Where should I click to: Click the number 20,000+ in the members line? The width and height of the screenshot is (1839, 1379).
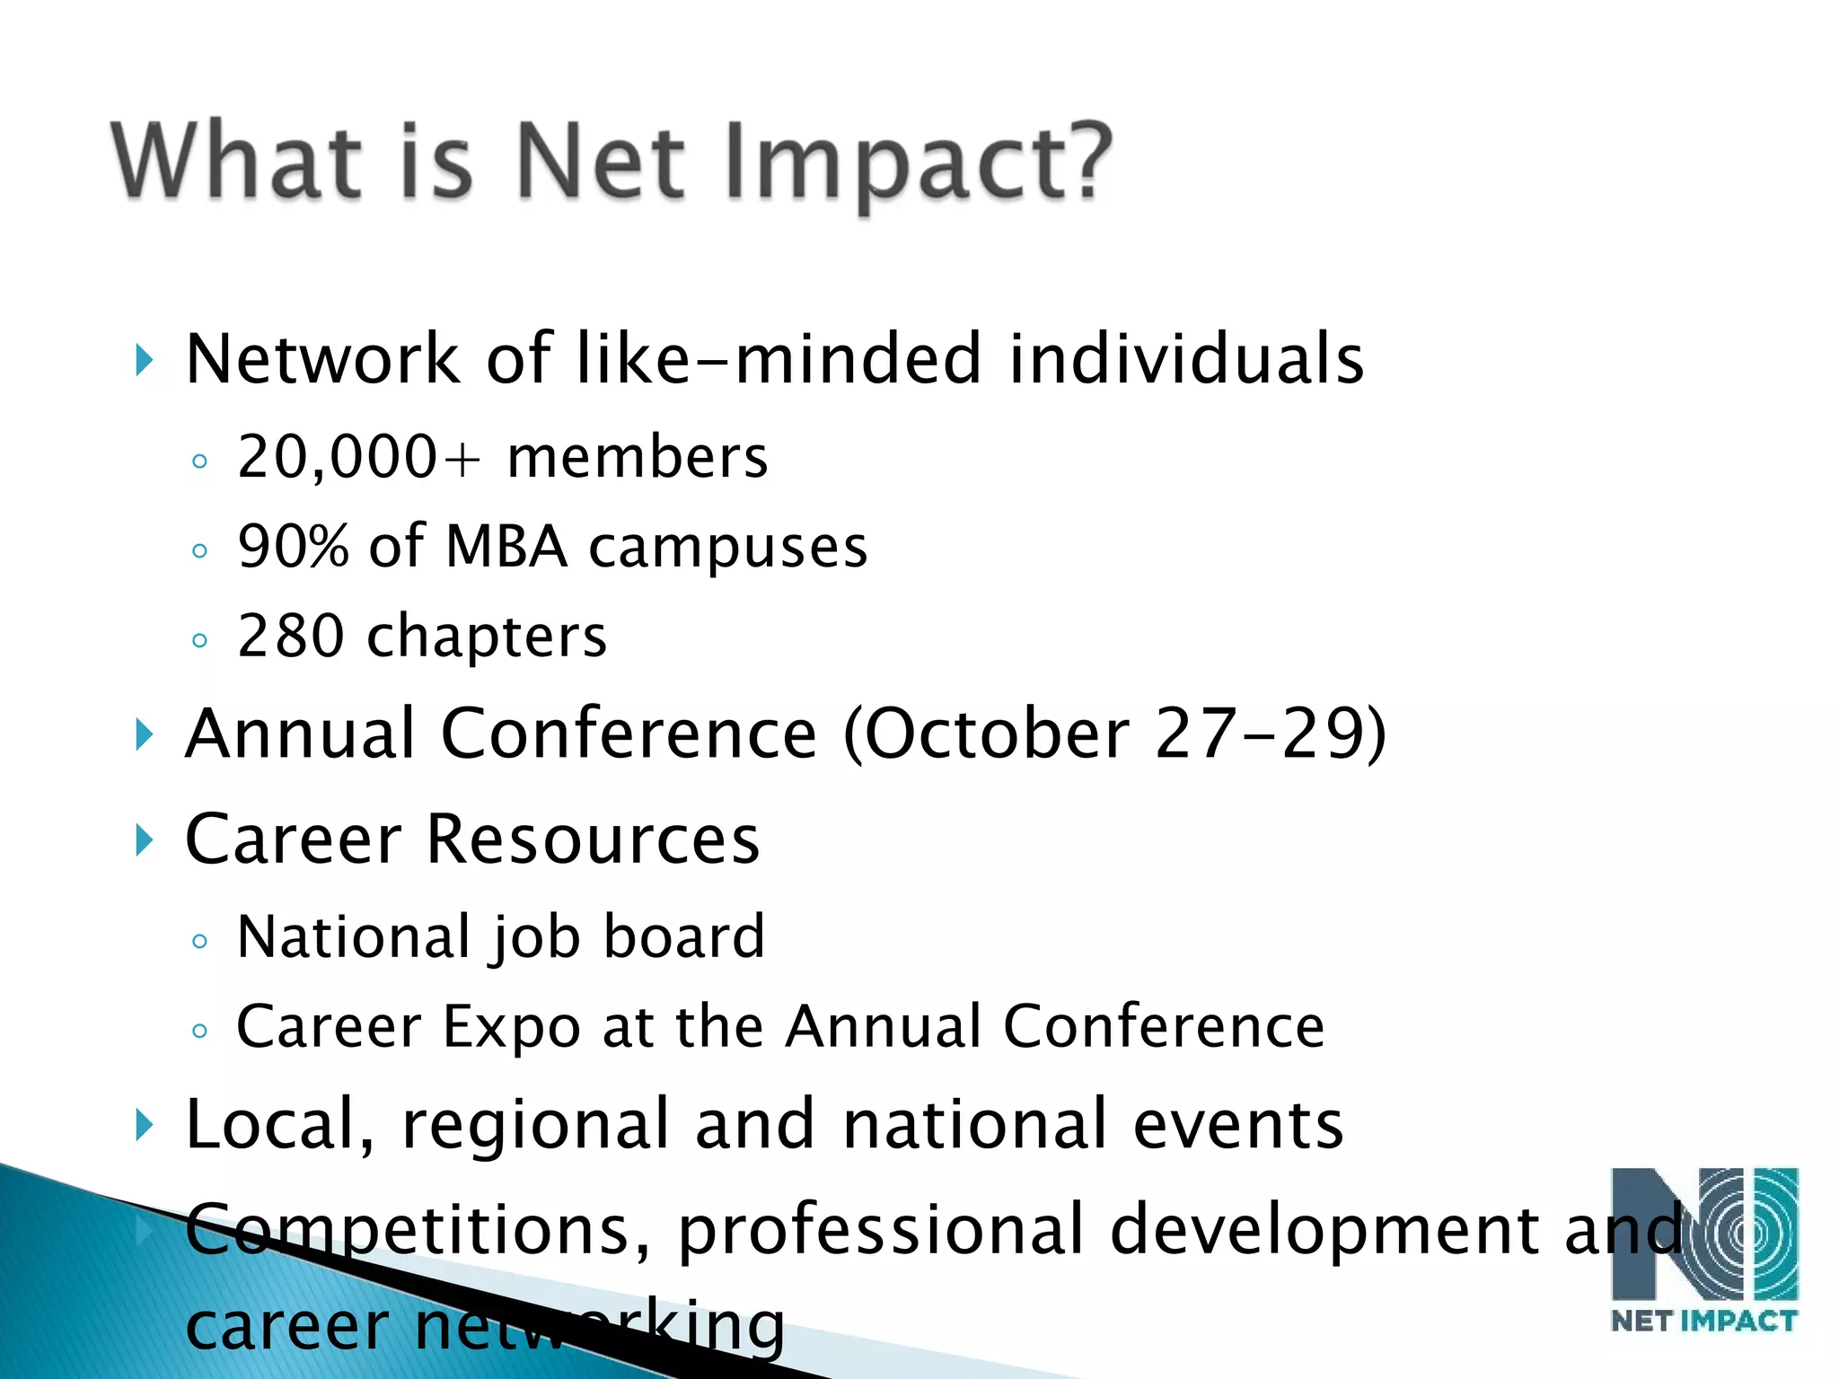click(359, 457)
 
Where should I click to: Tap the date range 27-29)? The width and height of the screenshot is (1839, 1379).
click(1270, 733)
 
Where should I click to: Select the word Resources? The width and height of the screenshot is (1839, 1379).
click(593, 839)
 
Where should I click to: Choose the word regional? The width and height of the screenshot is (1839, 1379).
click(536, 1125)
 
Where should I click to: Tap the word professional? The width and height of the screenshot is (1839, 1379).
click(880, 1230)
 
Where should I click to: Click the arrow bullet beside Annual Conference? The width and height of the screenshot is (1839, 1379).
click(144, 734)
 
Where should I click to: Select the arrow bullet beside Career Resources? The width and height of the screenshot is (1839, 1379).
click(144, 840)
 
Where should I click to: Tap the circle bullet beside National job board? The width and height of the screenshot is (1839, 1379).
click(199, 941)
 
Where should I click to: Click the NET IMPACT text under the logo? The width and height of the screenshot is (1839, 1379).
click(1703, 1321)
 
